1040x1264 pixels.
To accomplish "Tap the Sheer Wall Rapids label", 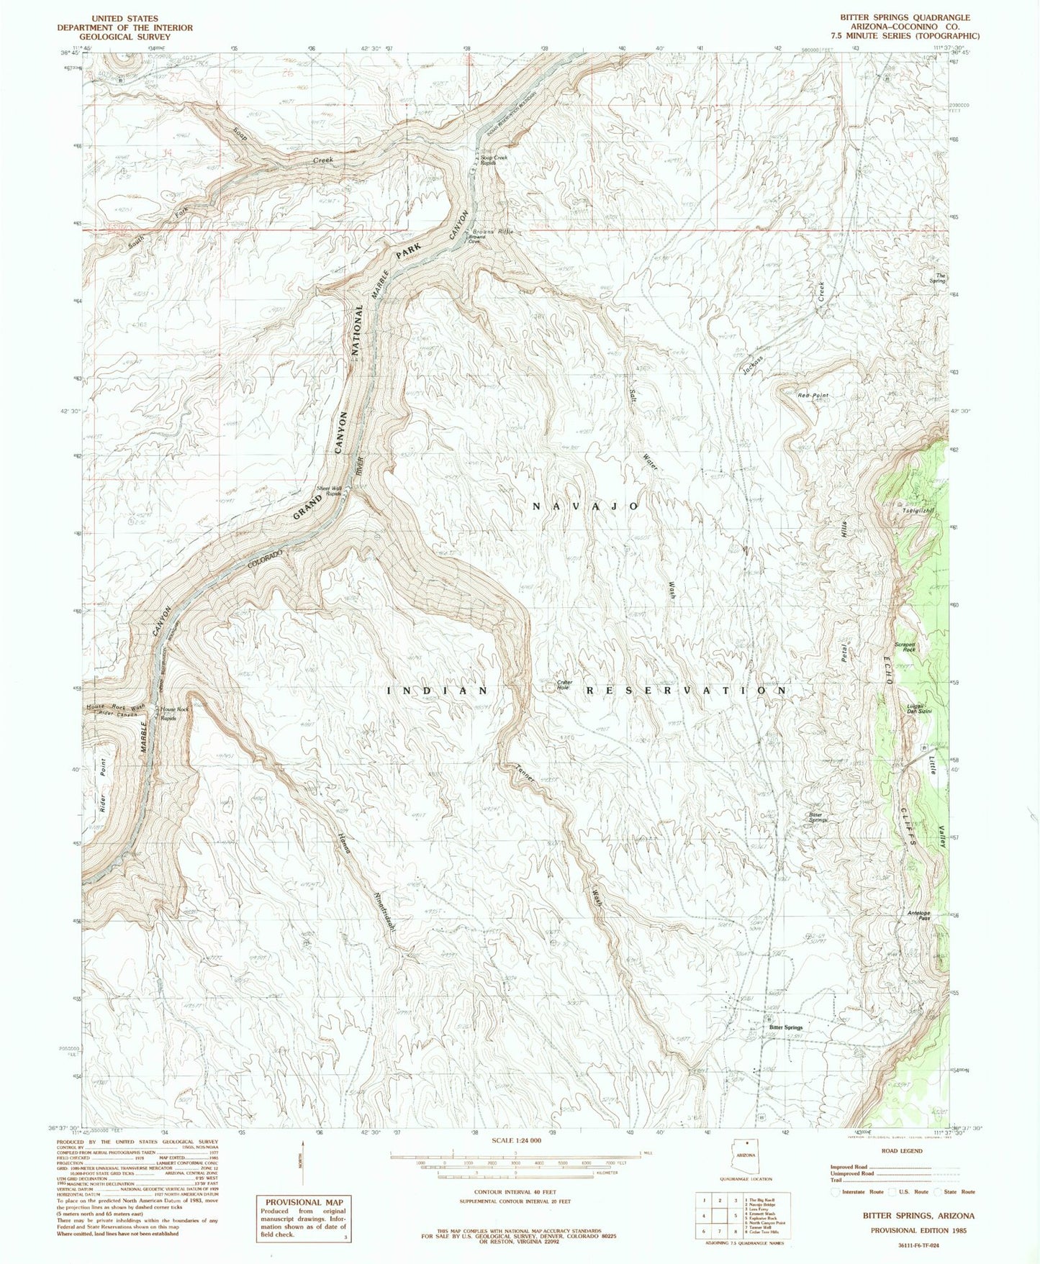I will pyautogui.click(x=328, y=492).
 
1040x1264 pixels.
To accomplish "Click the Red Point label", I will pyautogui.click(x=813, y=396).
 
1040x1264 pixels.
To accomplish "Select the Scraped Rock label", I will pyautogui.click(x=905, y=647).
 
